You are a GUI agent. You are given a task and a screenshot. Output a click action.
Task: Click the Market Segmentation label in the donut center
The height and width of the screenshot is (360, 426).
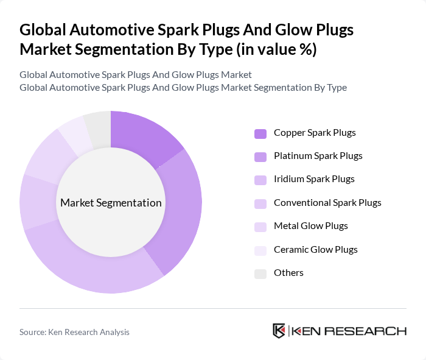[111, 203]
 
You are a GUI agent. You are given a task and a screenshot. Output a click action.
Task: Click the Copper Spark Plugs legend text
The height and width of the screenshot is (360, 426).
[315, 132]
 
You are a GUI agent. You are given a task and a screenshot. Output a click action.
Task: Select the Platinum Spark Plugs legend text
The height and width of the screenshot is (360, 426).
[318, 156]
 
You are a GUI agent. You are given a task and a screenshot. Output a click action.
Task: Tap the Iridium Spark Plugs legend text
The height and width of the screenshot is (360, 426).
[314, 179]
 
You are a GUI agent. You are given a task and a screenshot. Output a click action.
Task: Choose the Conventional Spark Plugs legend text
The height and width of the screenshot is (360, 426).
[327, 203]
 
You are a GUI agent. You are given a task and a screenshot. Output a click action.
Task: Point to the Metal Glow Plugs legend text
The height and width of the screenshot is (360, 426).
[310, 226]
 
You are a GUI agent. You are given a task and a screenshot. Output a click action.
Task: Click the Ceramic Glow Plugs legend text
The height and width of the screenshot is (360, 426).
[315, 250]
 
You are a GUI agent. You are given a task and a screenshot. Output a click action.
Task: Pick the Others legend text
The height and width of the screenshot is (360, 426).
[288, 273]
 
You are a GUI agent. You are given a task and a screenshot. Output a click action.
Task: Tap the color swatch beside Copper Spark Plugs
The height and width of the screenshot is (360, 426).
[260, 133]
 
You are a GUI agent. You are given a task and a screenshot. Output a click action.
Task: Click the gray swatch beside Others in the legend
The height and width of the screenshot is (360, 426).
[260, 274]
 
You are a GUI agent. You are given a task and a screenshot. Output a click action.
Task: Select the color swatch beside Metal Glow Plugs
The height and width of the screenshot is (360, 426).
[260, 227]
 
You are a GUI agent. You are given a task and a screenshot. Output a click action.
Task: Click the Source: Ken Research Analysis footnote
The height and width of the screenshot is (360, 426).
[74, 332]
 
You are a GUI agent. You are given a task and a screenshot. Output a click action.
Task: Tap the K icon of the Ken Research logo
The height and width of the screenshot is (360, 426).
[279, 331]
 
